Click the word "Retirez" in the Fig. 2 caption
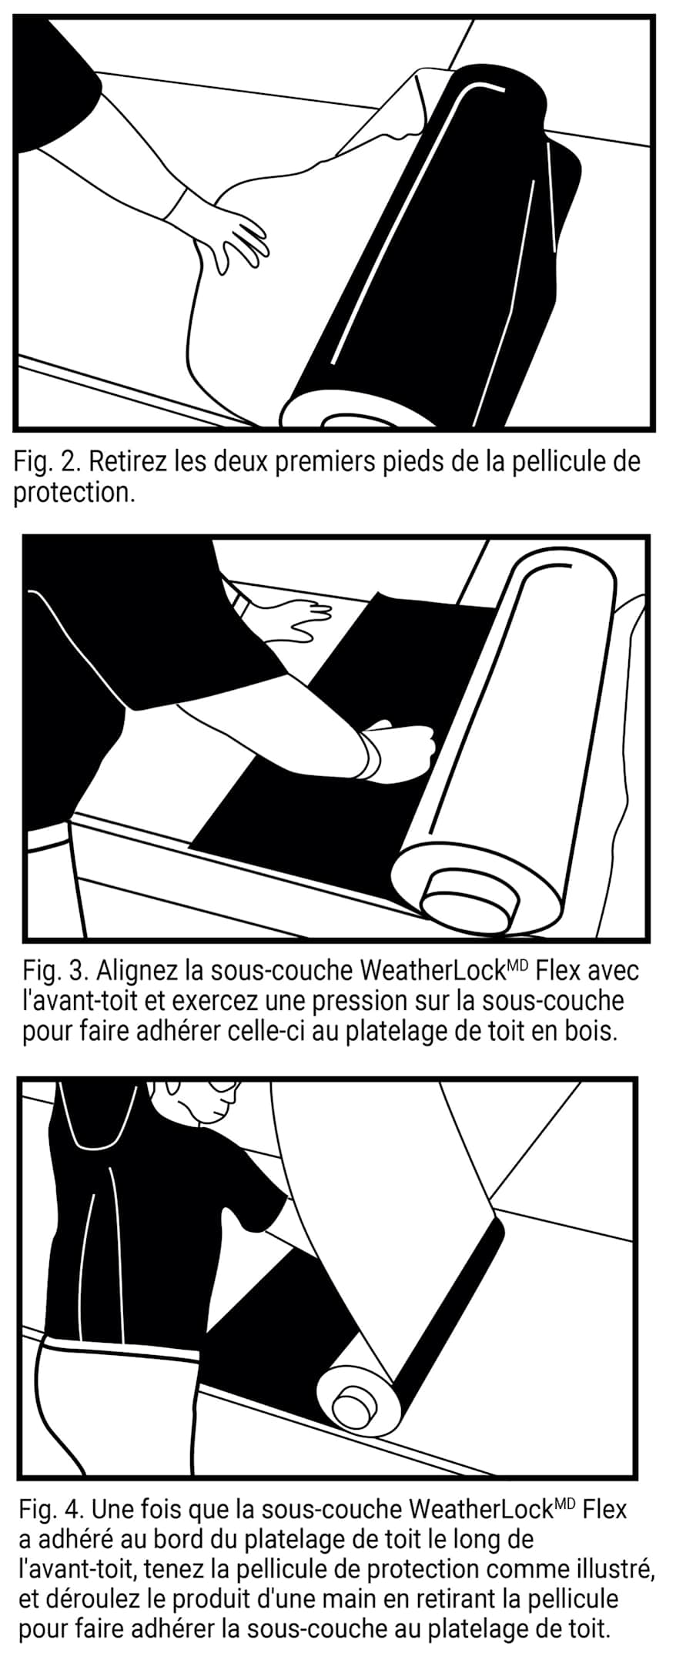pyautogui.click(x=127, y=462)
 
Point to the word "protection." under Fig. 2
pyautogui.click(x=74, y=493)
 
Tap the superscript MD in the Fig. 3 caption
pyautogui.click(x=516, y=963)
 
